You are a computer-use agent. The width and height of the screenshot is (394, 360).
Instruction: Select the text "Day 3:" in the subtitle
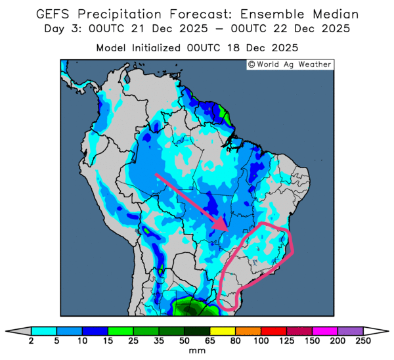pos(62,30)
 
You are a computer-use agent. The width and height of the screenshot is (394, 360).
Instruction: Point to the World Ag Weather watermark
pos(290,64)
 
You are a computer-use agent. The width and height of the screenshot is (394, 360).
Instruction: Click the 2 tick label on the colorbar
pos(31,341)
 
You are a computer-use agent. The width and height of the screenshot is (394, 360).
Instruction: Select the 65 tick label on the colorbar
pos(209,341)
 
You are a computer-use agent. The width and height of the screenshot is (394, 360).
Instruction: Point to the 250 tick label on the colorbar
pos(362,341)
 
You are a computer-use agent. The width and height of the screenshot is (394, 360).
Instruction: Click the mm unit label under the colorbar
pos(197,351)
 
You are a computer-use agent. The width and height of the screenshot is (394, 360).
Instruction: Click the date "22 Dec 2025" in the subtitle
pos(309,30)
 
